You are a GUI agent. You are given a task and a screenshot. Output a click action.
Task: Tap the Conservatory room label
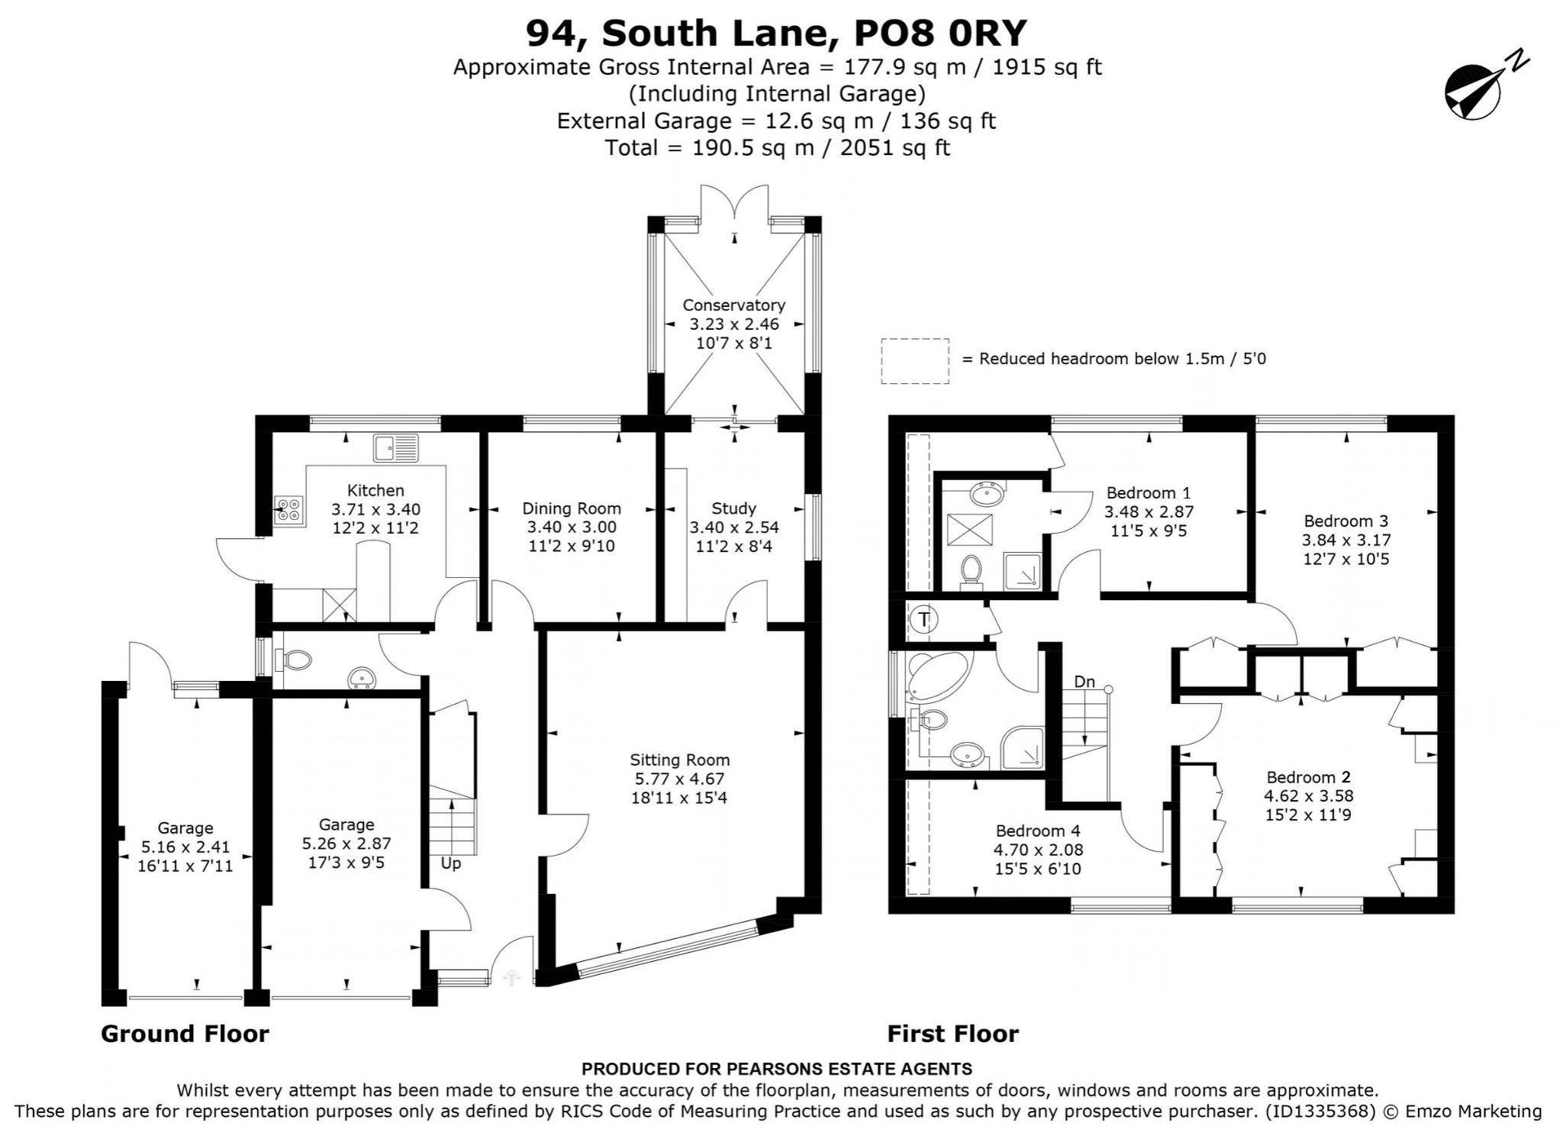733,305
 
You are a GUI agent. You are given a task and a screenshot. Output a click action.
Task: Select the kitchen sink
396,447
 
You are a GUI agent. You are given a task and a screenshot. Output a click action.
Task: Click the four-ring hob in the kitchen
288,509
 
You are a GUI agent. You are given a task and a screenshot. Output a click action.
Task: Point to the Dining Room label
572,508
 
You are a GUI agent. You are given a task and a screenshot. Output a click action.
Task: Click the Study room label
734,508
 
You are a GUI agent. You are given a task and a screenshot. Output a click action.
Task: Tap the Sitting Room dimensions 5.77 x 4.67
679,779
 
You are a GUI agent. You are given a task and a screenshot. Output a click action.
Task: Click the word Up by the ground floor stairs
450,863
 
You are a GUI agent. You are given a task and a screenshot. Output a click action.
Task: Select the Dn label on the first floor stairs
1084,682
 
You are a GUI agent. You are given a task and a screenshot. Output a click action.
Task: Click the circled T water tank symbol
925,619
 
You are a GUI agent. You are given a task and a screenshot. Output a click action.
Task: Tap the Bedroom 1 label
1149,492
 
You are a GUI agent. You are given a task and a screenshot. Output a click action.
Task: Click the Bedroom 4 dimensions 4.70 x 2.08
1038,850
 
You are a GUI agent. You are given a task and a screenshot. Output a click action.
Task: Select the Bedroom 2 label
1309,777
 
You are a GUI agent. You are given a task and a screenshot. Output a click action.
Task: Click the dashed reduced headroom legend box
915,360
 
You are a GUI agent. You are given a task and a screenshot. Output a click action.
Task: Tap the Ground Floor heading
185,1034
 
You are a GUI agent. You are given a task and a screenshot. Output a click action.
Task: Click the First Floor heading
952,1034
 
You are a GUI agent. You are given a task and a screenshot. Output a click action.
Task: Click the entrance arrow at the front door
512,978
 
